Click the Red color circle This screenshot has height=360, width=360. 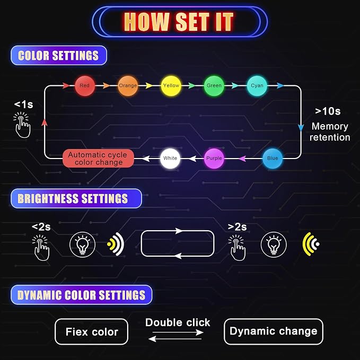click(x=85, y=86)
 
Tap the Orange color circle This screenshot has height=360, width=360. click(x=128, y=86)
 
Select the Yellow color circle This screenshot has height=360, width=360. click(x=171, y=86)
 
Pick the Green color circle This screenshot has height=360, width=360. click(x=214, y=86)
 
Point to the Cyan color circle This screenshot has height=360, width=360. click(x=257, y=86)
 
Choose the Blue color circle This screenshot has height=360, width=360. click(x=273, y=159)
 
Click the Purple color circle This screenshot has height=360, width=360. click(x=214, y=159)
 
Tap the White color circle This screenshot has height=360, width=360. click(x=170, y=159)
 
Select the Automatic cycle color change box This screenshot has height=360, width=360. click(x=98, y=159)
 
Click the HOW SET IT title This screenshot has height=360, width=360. click(x=179, y=22)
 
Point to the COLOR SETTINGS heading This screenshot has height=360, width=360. click(x=59, y=56)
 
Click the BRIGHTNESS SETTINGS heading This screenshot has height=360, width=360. click(x=76, y=199)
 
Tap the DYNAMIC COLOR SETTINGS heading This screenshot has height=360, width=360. click(x=82, y=295)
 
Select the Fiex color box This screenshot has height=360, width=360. click(x=91, y=332)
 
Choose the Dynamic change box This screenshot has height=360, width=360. click(x=274, y=331)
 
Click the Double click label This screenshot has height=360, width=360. click(x=178, y=322)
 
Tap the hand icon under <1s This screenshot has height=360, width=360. click(x=22, y=125)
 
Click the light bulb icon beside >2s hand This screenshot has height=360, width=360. click(x=274, y=244)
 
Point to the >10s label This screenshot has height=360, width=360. click(x=328, y=111)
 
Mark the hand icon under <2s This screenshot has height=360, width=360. click(x=41, y=248)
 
